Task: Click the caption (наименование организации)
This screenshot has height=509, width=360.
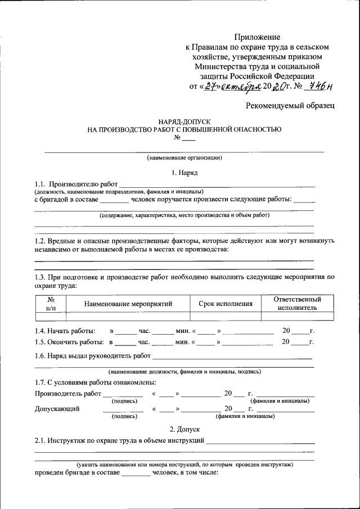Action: point(184,157)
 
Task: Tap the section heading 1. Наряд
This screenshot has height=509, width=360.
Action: point(184,173)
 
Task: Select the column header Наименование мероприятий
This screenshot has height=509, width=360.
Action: point(128,304)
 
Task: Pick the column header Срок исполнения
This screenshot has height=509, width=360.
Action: point(226,304)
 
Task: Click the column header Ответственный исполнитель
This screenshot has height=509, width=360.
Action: point(297,304)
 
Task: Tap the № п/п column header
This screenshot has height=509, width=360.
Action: point(51,304)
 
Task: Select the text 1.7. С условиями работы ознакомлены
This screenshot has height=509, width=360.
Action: point(96,383)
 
